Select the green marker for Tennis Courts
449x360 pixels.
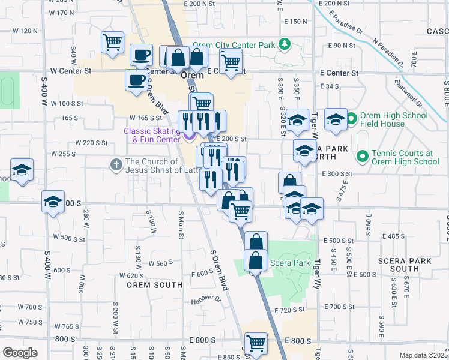click(x=362, y=157)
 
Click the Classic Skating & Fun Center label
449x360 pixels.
click(x=152, y=136)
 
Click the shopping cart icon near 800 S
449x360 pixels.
click(x=255, y=344)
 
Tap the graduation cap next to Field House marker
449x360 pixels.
click(x=336, y=120)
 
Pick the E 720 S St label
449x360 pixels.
click(x=290, y=311)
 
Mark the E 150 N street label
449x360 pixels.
click(x=295, y=22)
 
